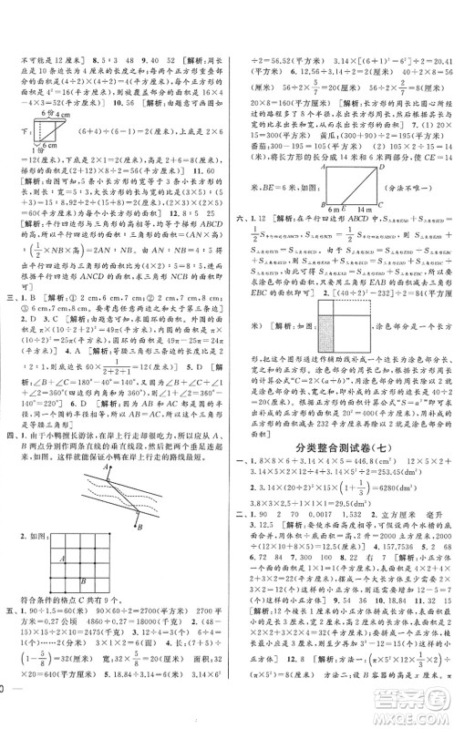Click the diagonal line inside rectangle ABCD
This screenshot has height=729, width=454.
point(301,154)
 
